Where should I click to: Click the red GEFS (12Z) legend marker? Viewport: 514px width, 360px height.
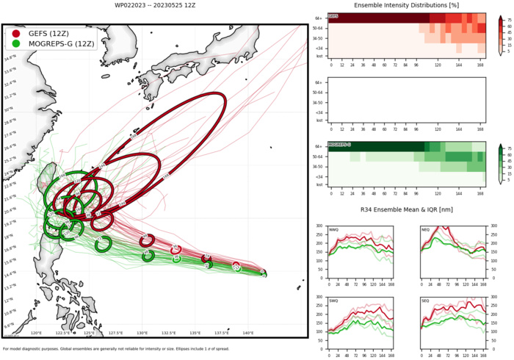tap(17, 34)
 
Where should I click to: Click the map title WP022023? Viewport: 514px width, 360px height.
tap(155, 5)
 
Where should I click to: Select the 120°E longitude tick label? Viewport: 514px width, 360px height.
tap(36, 333)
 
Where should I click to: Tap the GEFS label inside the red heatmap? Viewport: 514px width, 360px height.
tap(333, 16)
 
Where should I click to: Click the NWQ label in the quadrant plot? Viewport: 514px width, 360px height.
tap(334, 230)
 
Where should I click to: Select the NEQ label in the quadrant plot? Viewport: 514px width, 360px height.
tap(426, 230)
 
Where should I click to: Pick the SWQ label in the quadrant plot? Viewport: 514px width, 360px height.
tap(334, 300)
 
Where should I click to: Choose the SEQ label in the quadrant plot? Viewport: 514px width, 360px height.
tap(426, 300)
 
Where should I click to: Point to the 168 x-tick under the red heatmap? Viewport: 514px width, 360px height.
tap(481, 64)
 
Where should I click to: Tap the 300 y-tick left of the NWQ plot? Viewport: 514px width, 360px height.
tap(322, 226)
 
